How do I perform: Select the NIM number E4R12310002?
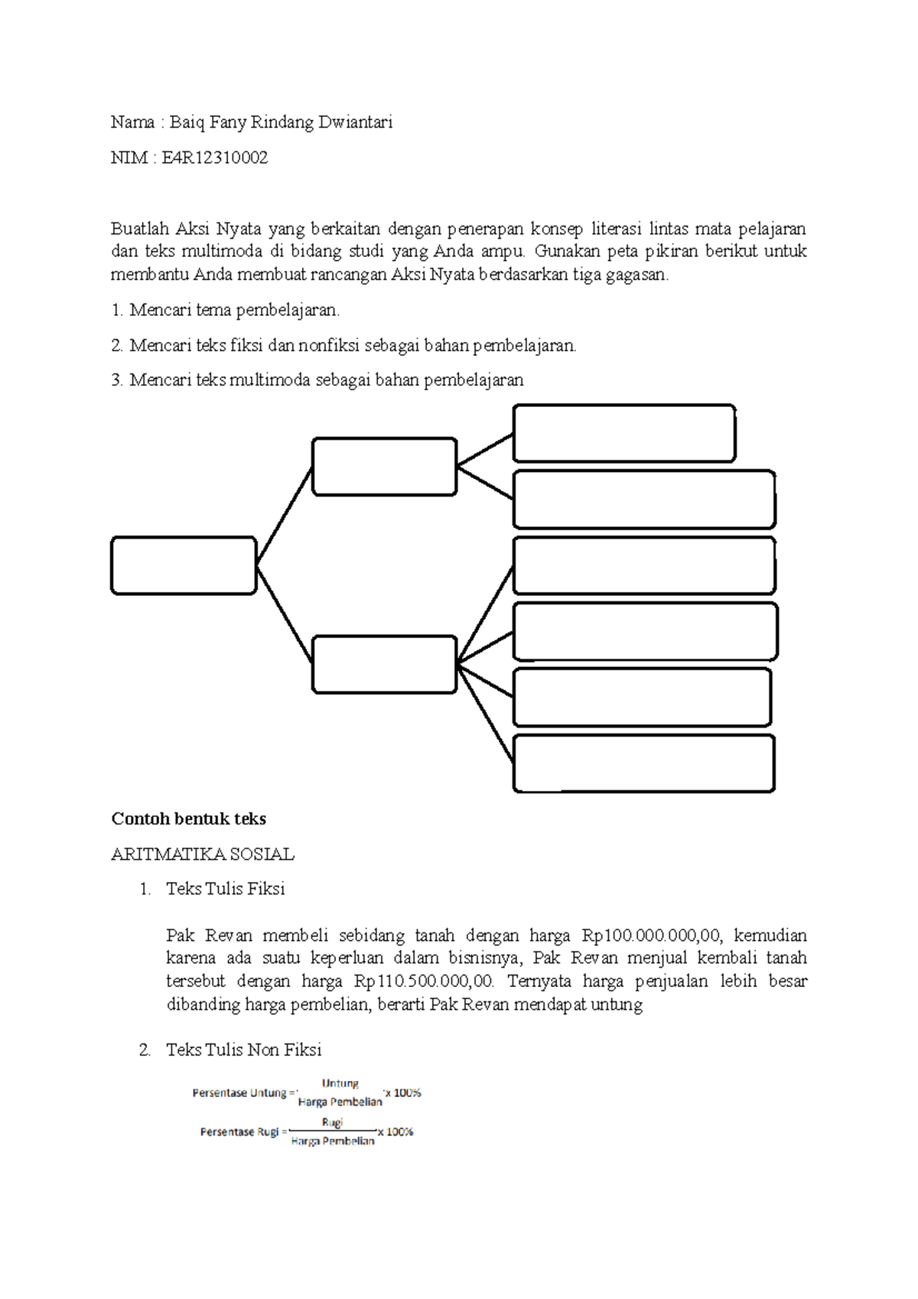click(214, 158)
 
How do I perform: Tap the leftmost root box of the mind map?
click(184, 565)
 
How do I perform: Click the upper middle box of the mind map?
click(384, 467)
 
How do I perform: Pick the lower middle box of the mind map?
click(384, 664)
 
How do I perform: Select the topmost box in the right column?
click(623, 433)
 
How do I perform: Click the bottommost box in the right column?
click(643, 763)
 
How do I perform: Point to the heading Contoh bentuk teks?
click(188, 819)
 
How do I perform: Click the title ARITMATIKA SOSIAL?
click(203, 855)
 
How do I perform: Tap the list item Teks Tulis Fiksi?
click(225, 889)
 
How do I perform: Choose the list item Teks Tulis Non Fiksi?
click(243, 1050)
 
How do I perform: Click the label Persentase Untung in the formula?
click(239, 1093)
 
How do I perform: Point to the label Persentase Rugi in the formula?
click(239, 1132)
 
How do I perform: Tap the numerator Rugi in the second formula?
click(332, 1122)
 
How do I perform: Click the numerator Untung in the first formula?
click(340, 1083)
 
